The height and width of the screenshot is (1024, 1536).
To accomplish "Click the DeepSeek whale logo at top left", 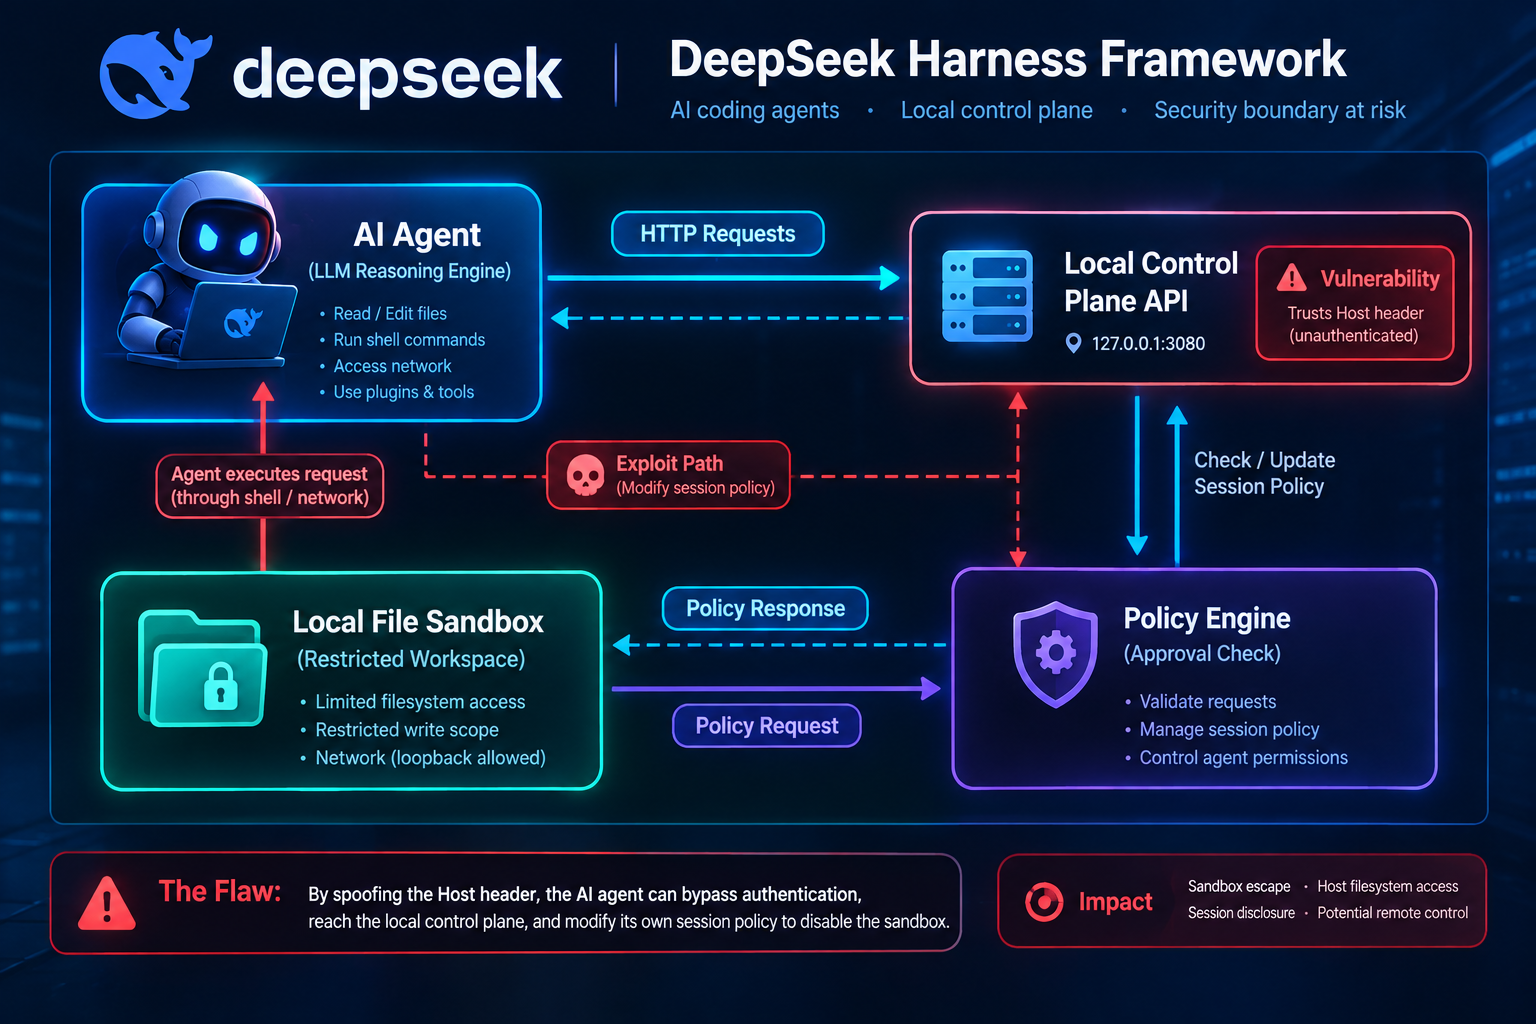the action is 155,74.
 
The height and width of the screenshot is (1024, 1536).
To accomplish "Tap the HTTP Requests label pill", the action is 717,234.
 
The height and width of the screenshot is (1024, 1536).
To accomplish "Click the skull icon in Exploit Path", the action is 585,475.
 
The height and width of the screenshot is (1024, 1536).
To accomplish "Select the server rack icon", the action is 987,296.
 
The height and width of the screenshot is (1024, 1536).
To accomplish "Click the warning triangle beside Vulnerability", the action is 1291,277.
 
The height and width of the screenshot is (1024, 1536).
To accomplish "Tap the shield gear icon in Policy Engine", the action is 1055,654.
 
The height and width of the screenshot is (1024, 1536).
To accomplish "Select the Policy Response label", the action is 765,608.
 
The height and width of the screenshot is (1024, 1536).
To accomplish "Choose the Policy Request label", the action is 767,726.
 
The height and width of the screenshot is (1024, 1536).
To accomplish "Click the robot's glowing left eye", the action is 208,238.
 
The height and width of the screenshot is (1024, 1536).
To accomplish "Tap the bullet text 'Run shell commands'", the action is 409,340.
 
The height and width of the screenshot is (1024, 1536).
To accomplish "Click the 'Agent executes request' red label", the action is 269,486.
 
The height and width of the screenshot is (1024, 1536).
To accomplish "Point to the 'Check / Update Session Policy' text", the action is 1264,473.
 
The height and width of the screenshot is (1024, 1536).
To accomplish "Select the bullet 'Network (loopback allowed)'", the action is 430,758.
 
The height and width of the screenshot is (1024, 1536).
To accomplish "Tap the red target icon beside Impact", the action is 1044,901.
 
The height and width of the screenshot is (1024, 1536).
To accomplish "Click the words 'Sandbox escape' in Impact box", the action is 1238,886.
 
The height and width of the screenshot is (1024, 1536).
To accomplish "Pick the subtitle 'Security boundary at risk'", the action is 1280,110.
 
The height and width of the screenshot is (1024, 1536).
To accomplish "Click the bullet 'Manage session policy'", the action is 1229,729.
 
